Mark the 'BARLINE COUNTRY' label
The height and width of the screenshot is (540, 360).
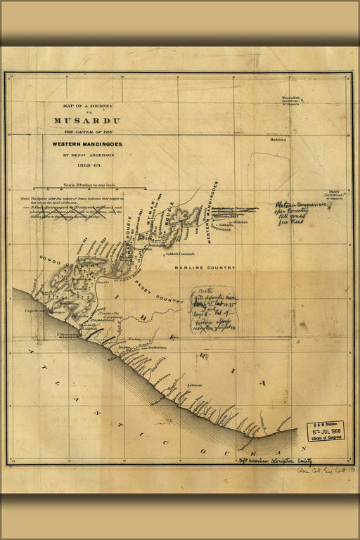coord(205,268)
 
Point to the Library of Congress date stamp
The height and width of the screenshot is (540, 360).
coord(326,430)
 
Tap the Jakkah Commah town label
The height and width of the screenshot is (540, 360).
coord(181,254)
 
